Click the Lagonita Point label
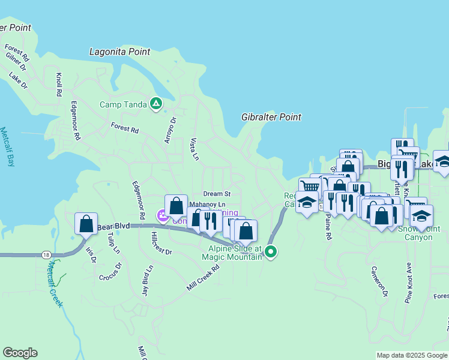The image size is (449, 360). point(119,52)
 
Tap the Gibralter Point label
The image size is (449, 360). point(271,117)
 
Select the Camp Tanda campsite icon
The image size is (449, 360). point(156,104)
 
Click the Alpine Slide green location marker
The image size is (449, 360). point(271,252)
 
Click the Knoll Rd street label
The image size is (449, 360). point(59,86)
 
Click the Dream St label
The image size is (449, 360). point(217,194)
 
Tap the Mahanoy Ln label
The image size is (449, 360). point(206,205)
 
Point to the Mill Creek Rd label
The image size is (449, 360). point(203,279)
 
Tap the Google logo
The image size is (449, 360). point(20,353)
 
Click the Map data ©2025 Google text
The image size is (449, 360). point(411,355)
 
